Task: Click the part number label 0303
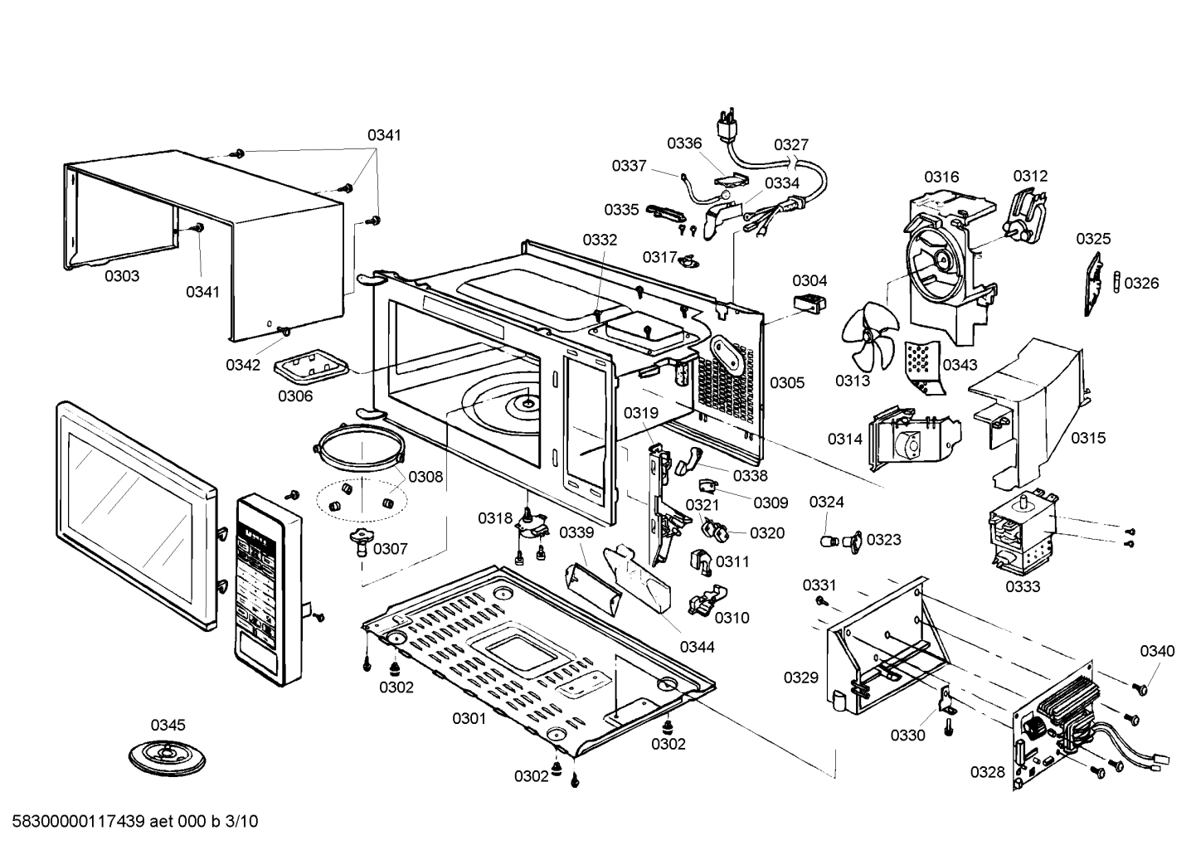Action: (122, 276)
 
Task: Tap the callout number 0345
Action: (168, 725)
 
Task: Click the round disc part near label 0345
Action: (167, 755)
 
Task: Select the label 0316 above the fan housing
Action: (941, 177)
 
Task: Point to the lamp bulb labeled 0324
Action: (828, 541)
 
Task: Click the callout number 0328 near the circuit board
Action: (987, 772)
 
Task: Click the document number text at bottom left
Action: (130, 822)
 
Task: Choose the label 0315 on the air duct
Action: (1087, 438)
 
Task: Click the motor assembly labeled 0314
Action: (912, 437)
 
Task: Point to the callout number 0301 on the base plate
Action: (469, 718)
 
